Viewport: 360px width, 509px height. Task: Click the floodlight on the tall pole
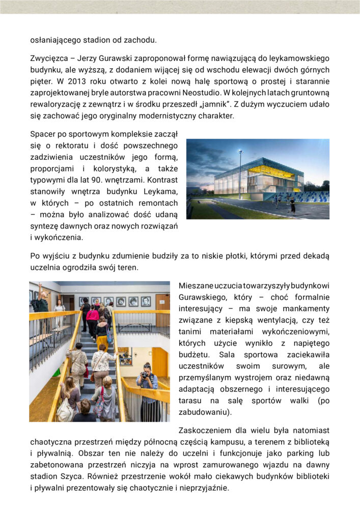(x=240, y=151)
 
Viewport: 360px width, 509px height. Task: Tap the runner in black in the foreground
(x=292, y=205)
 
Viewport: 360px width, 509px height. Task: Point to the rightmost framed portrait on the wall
(x=146, y=301)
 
